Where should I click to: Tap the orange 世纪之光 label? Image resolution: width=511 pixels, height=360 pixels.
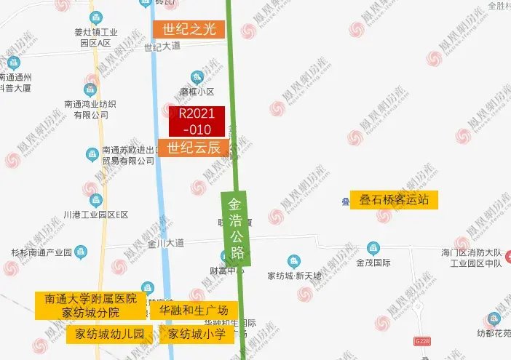coord(189,29)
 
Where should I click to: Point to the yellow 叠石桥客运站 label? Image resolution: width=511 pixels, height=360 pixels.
coord(394,200)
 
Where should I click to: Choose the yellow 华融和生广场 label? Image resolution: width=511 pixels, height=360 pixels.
coord(194,311)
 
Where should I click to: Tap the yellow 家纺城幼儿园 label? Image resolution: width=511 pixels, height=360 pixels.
coord(110,335)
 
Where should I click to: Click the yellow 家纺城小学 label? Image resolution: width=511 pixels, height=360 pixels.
coord(197,335)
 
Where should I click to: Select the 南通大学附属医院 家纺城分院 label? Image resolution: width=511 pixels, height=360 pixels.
coord(91,305)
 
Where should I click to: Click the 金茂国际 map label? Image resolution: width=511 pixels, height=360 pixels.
coord(373,263)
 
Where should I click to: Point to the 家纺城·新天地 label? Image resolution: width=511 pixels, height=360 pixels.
coord(293,276)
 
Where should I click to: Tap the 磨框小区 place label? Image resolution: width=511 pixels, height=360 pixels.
coord(197,92)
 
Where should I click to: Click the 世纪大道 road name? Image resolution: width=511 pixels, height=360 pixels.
coord(162,48)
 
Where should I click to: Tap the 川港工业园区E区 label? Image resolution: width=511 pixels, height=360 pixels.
coord(95,215)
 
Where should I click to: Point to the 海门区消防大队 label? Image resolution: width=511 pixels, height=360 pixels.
coord(472,252)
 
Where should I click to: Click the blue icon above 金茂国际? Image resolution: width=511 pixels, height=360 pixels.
coord(373,249)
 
